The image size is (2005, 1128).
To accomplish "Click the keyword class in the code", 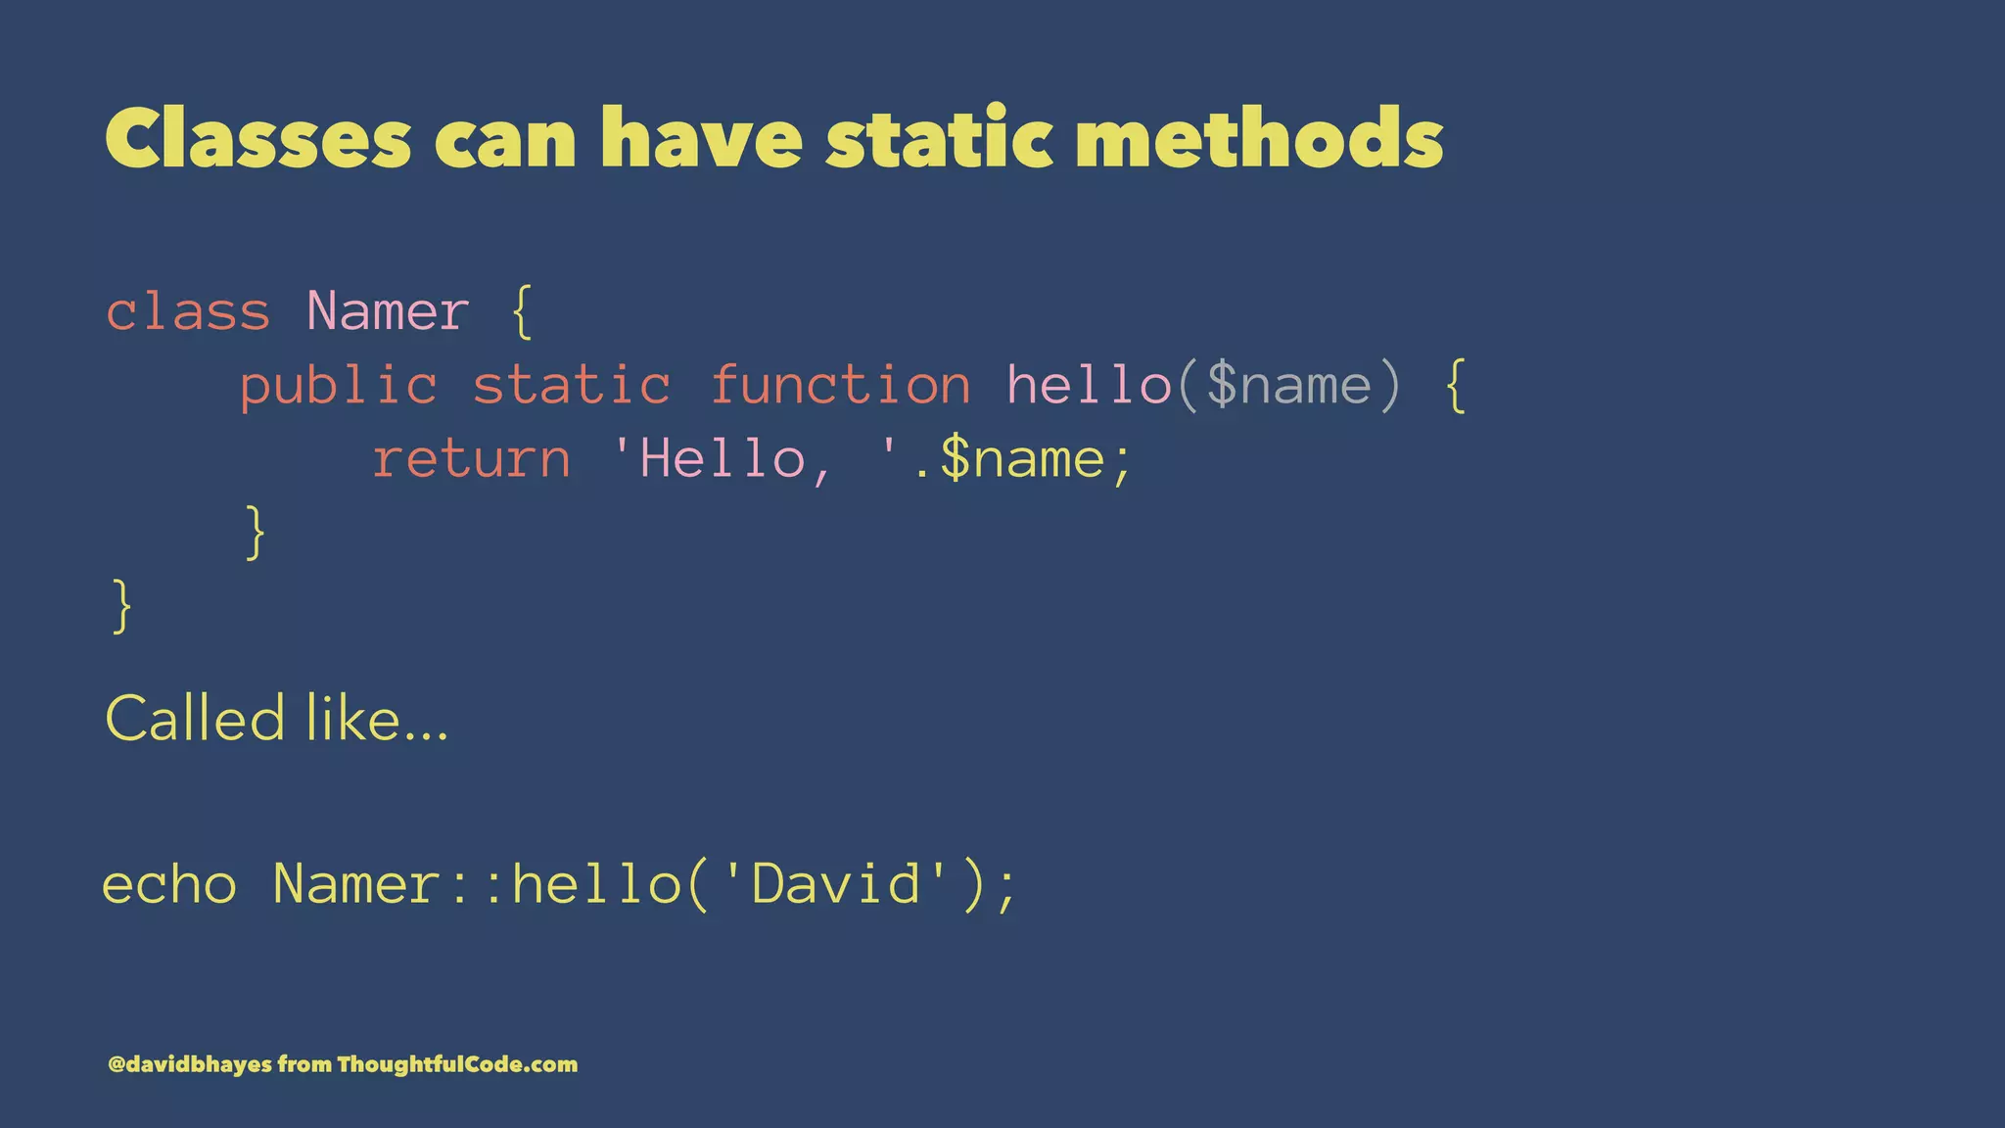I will click(x=188, y=312).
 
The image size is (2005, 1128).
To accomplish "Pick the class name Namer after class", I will click(x=388, y=312).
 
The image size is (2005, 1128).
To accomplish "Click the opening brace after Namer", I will click(x=522, y=312).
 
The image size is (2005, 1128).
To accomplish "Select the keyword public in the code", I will click(x=339, y=385).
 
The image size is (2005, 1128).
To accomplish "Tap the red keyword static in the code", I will click(x=572, y=385).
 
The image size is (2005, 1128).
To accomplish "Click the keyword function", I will click(x=840, y=385).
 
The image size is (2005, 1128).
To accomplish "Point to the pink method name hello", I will click(x=1089, y=385).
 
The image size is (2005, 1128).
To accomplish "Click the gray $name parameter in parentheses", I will click(x=1288, y=385).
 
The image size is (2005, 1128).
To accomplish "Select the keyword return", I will click(x=472, y=459).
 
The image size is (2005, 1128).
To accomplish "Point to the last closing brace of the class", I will click(x=122, y=606).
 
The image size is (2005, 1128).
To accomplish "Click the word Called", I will click(x=195, y=719).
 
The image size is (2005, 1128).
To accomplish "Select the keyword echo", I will click(x=169, y=884).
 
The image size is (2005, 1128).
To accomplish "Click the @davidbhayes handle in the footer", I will click(x=190, y=1064).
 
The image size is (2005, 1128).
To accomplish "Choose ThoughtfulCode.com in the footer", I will click(x=457, y=1064).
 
